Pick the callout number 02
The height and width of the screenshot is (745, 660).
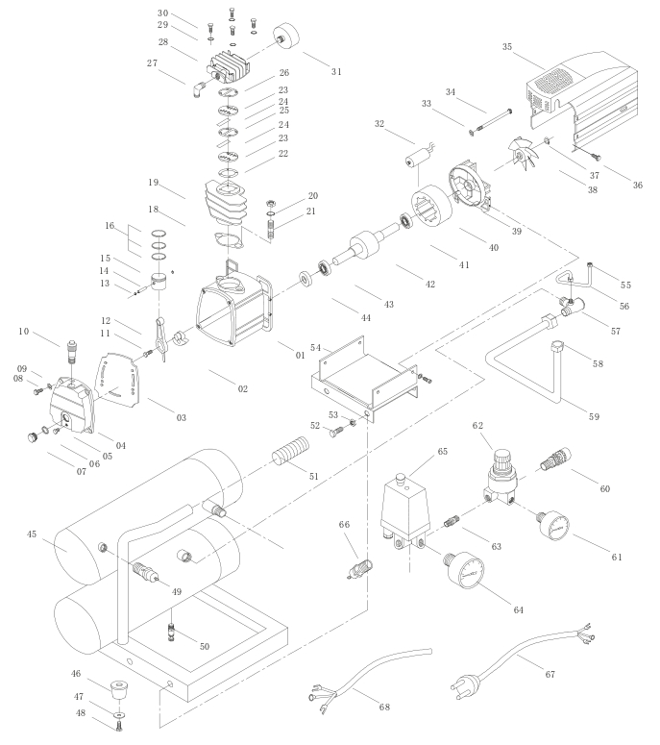pyautogui.click(x=242, y=388)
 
